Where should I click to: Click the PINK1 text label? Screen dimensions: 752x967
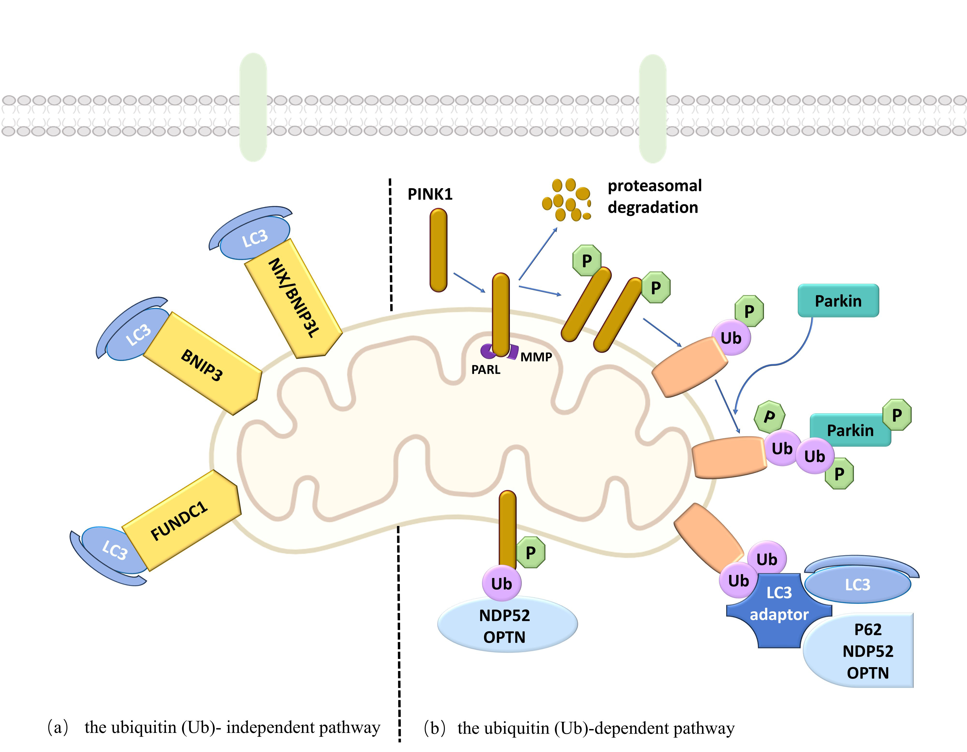[430, 194]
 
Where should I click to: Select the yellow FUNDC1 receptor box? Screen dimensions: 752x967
[182, 520]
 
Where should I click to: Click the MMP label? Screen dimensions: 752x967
[536, 357]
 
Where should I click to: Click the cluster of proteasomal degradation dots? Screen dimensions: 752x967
[567, 200]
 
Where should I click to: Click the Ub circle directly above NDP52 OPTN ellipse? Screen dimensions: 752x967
[501, 583]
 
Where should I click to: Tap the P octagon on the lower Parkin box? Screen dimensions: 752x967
[897, 415]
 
